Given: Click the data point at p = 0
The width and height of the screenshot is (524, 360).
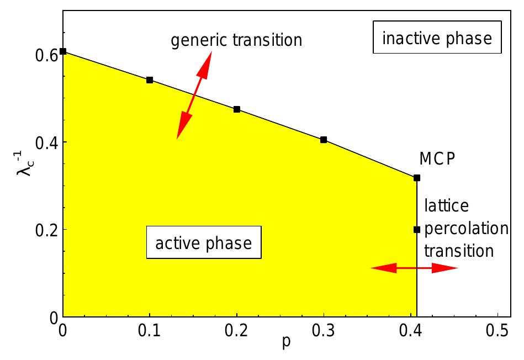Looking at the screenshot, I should click(63, 51).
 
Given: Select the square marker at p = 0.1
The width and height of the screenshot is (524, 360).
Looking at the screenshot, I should click(150, 80).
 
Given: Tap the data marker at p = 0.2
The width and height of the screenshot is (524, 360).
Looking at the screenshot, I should click(237, 109).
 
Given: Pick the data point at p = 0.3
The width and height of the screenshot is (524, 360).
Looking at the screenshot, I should click(324, 140).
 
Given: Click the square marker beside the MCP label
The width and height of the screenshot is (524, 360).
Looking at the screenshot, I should click(417, 178).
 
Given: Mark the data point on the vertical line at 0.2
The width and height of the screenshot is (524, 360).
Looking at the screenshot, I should click(417, 230).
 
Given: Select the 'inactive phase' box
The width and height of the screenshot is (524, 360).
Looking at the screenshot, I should click(437, 39).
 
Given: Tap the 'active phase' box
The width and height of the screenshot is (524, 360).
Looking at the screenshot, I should click(203, 243).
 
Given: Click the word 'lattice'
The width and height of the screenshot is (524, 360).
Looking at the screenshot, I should click(446, 207).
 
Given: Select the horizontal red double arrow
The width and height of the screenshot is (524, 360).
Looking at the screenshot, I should click(414, 268).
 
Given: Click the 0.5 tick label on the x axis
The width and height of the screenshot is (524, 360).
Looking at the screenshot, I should click(497, 332).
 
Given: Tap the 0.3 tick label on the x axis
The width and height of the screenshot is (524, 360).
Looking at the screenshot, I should click(324, 332).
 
